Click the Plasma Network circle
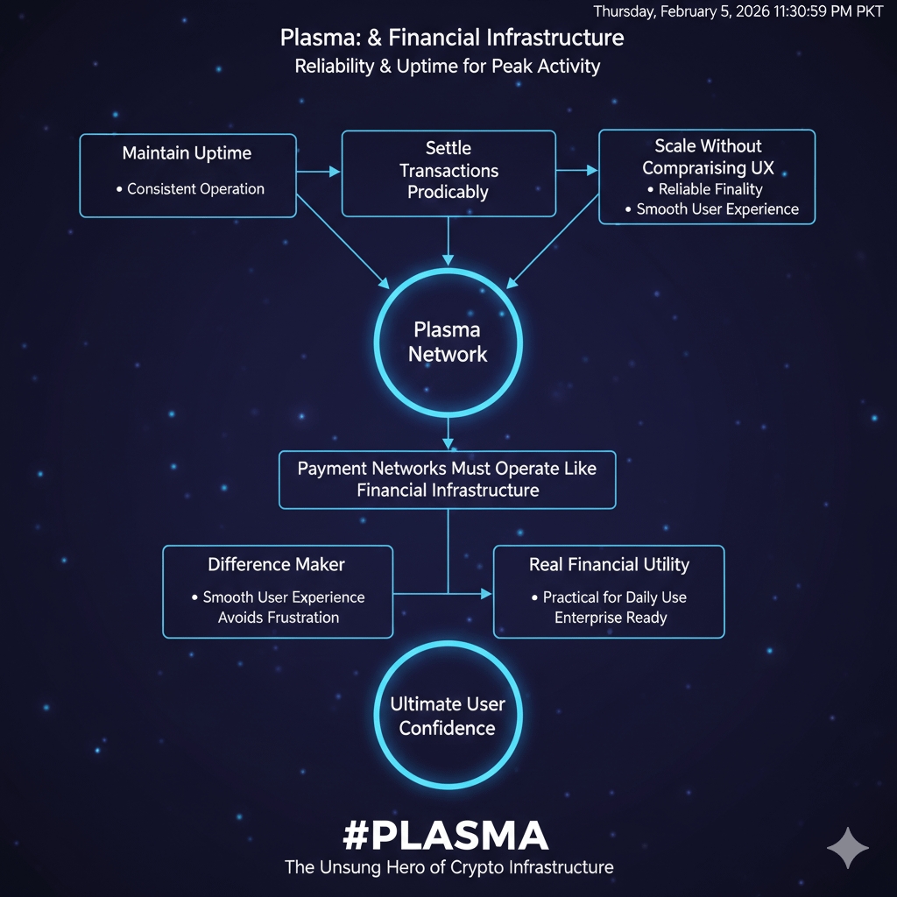448,342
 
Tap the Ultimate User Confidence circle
448,716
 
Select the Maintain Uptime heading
187,153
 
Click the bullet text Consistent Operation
195,188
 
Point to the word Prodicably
448,193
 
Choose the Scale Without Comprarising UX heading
708,157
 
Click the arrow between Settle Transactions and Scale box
577,171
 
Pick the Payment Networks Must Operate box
448,479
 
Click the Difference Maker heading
277,565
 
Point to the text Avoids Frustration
279,618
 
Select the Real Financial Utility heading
609,565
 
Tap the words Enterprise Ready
611,618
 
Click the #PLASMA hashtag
446,836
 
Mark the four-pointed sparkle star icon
847,847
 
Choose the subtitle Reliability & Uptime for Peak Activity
448,67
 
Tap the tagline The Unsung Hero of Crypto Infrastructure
448,867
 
